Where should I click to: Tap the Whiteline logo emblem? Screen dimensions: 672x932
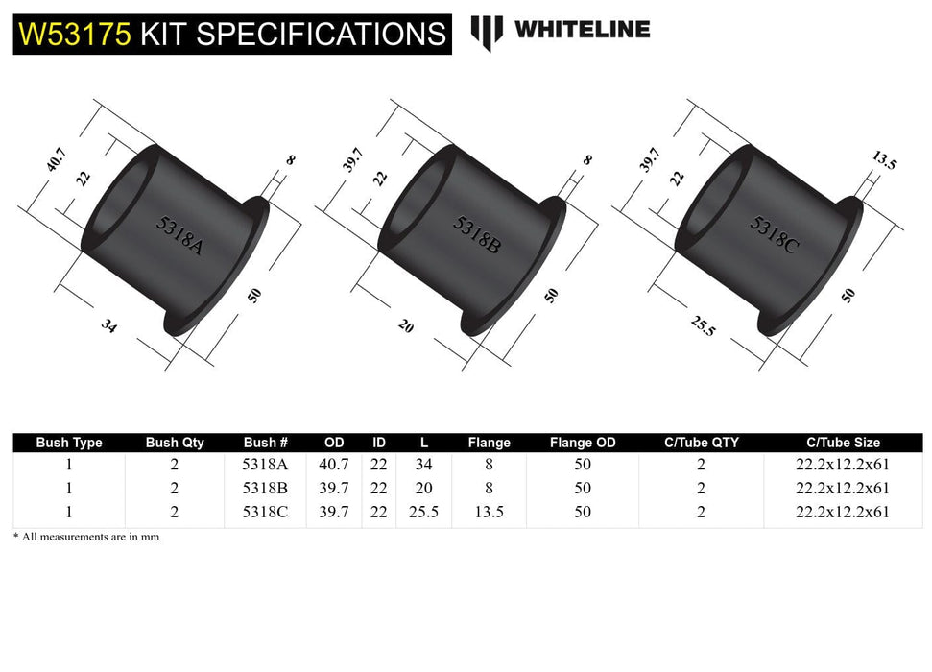(487, 32)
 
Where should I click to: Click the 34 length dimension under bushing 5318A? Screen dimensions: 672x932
(109, 326)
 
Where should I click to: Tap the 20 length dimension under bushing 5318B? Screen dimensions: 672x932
(405, 327)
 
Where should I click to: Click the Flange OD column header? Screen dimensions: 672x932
(583, 443)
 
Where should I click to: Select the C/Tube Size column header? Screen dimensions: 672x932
(842, 443)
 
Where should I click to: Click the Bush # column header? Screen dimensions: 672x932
(266, 443)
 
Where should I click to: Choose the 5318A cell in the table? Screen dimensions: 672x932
(266, 464)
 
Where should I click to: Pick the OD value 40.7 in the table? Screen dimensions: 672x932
(334, 464)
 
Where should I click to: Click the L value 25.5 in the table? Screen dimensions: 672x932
(423, 512)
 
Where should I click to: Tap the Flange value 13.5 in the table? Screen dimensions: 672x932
(489, 512)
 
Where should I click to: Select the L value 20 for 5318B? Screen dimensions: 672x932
(423, 488)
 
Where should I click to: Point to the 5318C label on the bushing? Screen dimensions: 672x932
(773, 231)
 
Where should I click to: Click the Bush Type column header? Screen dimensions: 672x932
(69, 443)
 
